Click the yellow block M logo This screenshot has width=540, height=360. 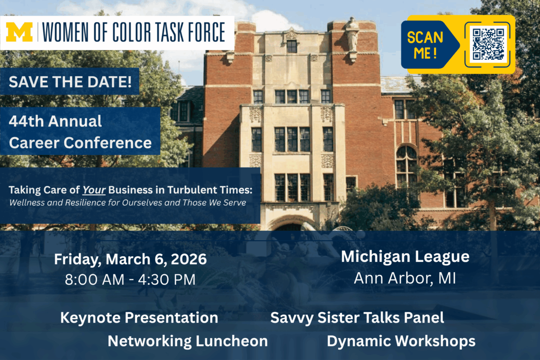click(19, 32)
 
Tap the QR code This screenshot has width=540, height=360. click(488, 45)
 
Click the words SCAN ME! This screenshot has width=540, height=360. click(425, 45)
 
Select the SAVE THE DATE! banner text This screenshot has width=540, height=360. click(70, 81)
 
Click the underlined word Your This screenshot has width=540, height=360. click(94, 190)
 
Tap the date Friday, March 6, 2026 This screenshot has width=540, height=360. click(130, 259)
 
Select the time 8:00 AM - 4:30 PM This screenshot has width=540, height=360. click(130, 280)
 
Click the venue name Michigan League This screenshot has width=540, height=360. click(405, 257)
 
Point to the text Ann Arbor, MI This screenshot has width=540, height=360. click(405, 279)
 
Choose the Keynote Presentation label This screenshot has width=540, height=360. click(139, 318)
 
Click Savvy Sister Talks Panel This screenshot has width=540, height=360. click(357, 318)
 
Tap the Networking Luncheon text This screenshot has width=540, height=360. click(188, 341)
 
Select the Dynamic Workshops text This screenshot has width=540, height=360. click(401, 342)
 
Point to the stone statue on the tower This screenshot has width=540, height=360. click(352, 34)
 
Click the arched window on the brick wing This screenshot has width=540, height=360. click(407, 166)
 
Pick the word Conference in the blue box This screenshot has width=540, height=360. click(108, 143)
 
